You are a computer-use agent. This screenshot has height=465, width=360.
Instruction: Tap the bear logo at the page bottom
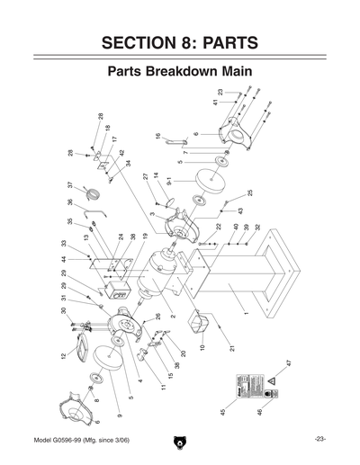point(180,442)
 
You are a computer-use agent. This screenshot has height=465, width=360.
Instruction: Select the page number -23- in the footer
point(319,438)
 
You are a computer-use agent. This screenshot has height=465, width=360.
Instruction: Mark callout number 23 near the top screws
point(220,93)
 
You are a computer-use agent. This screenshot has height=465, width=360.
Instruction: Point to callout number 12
point(63,357)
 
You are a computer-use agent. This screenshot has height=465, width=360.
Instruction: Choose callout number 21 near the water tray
point(230,347)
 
